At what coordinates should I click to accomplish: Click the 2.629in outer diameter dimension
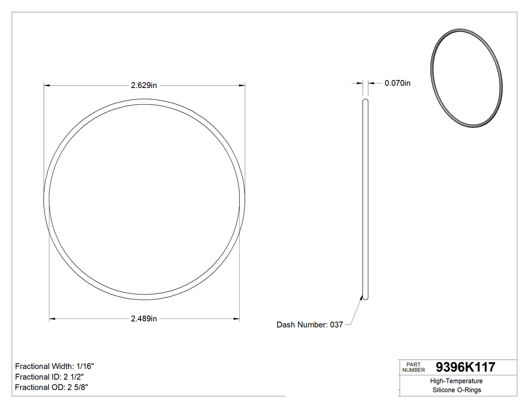144,86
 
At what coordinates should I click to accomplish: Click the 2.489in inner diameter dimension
144,318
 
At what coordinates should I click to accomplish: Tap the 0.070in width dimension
398,83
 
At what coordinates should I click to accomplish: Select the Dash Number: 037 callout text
309,325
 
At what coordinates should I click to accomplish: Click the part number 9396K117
465,367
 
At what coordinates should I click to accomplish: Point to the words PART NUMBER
414,367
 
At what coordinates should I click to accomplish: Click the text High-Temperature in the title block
457,381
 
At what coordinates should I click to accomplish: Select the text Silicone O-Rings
457,390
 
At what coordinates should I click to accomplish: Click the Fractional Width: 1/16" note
54,366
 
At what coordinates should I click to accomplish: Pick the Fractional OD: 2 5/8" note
52,387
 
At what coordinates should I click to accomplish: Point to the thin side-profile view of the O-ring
366,201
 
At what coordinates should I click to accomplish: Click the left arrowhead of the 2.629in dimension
47,86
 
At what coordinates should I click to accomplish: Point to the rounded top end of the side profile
366,101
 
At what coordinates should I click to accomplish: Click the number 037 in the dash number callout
336,325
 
